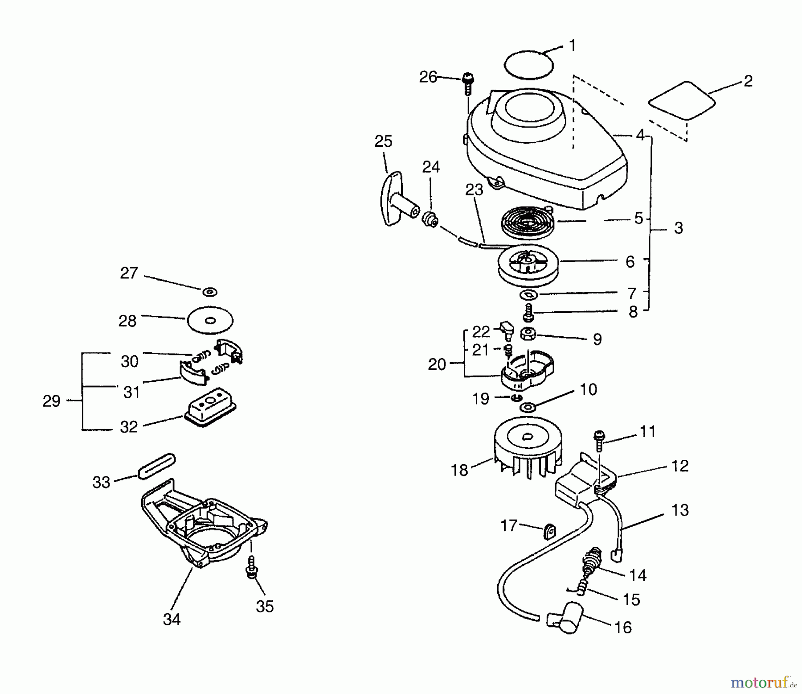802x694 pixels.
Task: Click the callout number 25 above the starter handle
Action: (x=383, y=141)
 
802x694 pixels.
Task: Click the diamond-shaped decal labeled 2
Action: (x=682, y=100)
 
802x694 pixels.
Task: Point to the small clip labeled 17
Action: (x=549, y=531)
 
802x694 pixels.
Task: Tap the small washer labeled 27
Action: (x=209, y=292)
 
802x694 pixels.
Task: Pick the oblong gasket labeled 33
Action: (x=156, y=466)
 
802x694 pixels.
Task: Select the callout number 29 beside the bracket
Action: (x=51, y=401)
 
